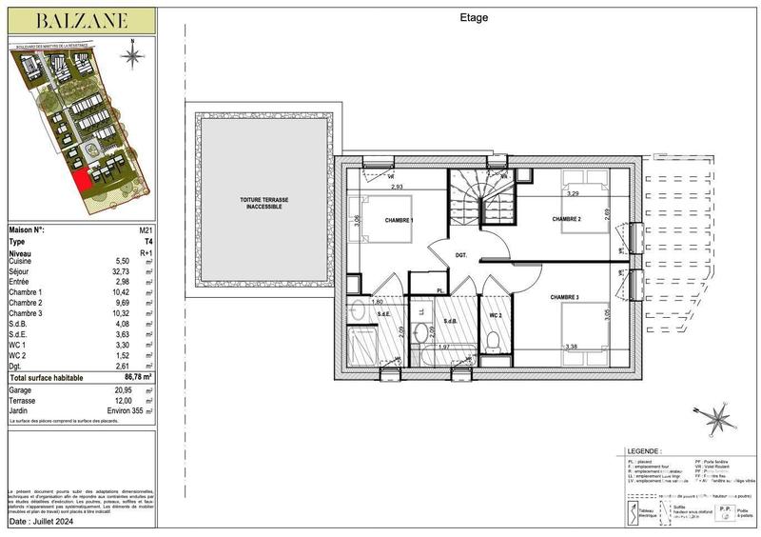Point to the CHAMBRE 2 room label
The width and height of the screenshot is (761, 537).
coord(568,219)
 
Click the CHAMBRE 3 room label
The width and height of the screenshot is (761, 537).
coord(566,296)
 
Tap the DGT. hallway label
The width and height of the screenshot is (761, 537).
coord(460,254)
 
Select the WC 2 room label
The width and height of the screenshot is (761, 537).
coord(495,315)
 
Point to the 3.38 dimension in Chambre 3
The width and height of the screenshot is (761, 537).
coord(571,347)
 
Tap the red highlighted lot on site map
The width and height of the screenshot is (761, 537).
coord(82,178)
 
